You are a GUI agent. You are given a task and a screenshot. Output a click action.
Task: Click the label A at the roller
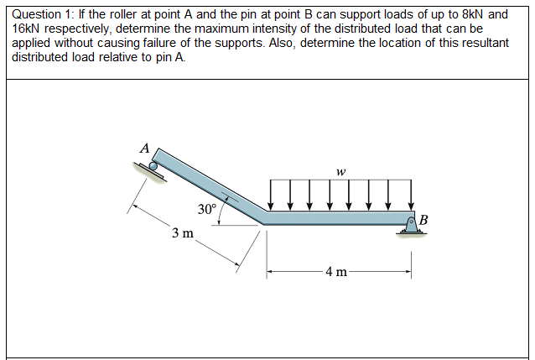tap(144, 149)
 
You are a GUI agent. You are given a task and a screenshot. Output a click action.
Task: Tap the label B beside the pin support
tap(423, 221)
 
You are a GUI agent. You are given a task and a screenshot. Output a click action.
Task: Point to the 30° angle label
tap(206, 208)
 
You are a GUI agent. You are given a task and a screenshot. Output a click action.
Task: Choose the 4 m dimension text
tap(339, 271)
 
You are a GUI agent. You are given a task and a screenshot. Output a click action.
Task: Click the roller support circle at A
tap(153, 166)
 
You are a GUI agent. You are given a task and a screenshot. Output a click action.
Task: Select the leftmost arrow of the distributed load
tap(271, 196)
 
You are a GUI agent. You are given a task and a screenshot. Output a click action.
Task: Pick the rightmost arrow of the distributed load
tap(410, 196)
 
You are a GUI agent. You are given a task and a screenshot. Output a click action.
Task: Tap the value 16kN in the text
tap(29, 29)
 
